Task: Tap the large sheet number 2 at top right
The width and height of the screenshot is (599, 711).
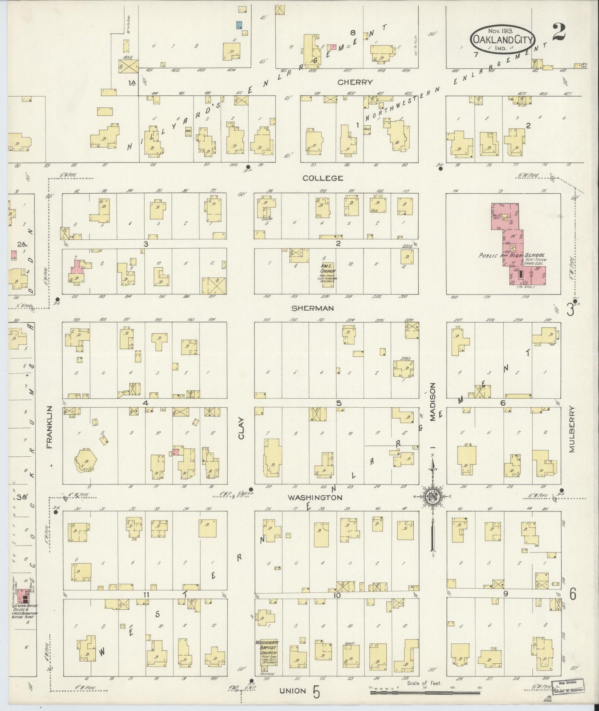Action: [559, 32]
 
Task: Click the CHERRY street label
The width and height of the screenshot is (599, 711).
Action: [355, 83]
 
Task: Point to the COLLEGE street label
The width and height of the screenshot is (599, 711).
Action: [323, 178]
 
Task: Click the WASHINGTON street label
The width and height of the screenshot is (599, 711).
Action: [315, 497]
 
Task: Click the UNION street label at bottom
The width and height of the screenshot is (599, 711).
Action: [293, 691]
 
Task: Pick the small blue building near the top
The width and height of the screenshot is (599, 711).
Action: [239, 25]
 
